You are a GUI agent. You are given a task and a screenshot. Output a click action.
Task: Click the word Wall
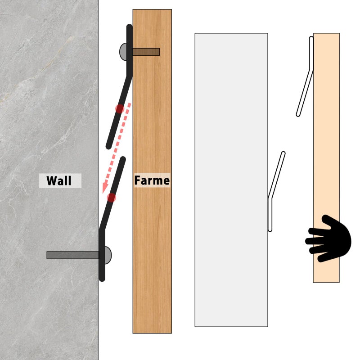pos(59,181)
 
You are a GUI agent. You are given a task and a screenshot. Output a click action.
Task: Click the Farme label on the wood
pos(152,180)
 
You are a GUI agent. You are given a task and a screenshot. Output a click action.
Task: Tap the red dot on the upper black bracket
pos(120,109)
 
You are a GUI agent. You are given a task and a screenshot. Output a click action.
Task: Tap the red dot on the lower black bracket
pos(112,198)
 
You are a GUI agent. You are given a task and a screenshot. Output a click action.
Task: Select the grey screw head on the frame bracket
pos(123,52)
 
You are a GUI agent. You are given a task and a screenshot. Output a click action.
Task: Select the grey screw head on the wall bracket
pos(108,255)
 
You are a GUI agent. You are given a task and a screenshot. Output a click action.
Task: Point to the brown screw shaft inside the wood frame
pos(146,52)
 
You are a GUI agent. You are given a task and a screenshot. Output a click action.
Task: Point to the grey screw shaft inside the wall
pos(73,255)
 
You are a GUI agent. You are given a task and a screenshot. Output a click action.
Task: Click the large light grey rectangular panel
pos(231,180)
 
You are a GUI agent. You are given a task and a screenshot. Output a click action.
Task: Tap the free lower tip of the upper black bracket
pos(108,146)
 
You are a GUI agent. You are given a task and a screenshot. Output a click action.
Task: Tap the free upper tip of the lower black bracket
pos(123,159)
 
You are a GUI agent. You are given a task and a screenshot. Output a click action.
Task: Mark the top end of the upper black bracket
pos(130,27)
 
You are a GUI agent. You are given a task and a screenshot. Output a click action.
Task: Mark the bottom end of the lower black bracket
pos(102,279)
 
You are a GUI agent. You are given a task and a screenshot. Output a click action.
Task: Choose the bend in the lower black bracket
pos(102,229)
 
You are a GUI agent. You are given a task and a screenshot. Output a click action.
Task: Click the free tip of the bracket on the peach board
pos(298,115)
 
